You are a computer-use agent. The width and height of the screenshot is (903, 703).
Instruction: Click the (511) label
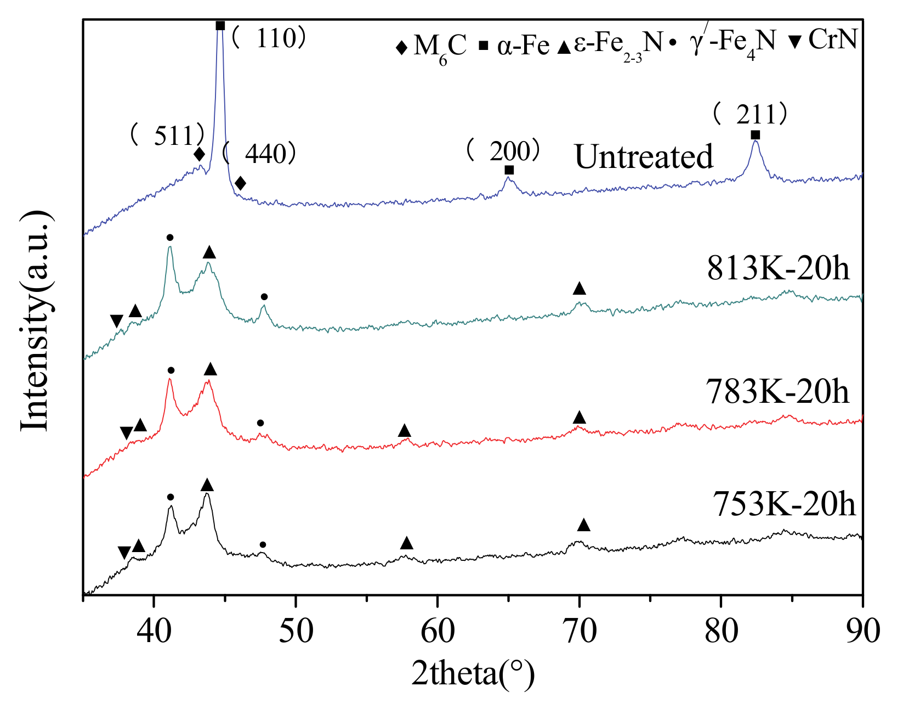168,135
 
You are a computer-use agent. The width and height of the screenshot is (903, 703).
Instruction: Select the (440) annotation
260,154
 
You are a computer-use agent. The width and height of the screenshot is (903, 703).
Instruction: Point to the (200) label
503,151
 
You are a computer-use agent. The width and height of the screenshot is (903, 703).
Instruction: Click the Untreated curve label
644,157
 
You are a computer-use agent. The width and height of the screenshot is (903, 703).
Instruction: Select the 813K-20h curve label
778,269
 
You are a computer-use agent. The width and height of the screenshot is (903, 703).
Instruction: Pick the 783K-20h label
777,392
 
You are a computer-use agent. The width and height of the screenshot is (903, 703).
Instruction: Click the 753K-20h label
783,504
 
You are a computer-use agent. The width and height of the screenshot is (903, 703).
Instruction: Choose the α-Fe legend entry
515,45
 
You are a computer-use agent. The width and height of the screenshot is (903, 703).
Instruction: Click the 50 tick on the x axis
296,631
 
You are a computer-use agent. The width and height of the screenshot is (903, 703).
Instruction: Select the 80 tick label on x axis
721,631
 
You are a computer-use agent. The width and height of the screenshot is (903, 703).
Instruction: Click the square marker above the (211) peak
756,135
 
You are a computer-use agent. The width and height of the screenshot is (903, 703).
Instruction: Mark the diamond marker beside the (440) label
240,183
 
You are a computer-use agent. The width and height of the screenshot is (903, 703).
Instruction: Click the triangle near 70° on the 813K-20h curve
579,289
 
